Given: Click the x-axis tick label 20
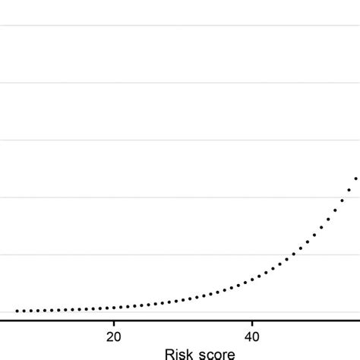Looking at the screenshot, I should pyautogui.click(x=114, y=336).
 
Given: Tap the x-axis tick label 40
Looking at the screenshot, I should pyautogui.click(x=251, y=336).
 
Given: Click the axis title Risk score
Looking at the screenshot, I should pyautogui.click(x=183, y=353).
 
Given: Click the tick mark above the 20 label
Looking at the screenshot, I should pyautogui.click(x=114, y=324).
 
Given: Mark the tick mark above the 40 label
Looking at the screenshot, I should pyautogui.click(x=251, y=324).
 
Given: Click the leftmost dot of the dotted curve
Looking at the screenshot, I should pyautogui.click(x=17, y=311).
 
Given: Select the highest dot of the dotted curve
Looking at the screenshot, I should pyautogui.click(x=355, y=178).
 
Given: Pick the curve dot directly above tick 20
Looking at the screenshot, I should pyautogui.click(x=114, y=308).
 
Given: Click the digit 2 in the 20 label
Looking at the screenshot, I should pyautogui.click(x=110, y=336).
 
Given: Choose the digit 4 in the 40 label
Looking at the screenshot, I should pyautogui.click(x=248, y=336).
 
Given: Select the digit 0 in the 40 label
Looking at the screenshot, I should pyautogui.click(x=256, y=336).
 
